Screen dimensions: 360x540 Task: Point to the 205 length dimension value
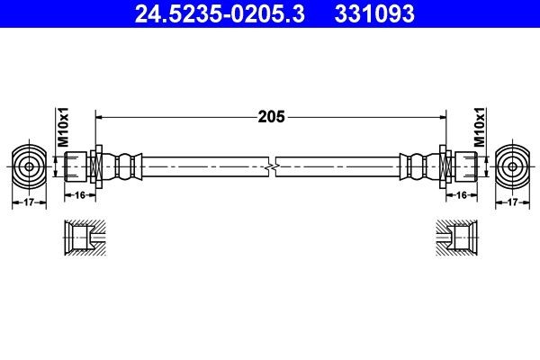(x=272, y=116)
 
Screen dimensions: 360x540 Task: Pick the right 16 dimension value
(x=460, y=193)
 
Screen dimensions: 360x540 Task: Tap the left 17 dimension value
(x=29, y=203)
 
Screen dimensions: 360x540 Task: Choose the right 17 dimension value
(x=511, y=203)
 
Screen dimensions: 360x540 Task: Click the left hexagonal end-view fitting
(x=29, y=166)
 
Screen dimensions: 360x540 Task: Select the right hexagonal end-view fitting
(x=511, y=166)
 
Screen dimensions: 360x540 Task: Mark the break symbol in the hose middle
(x=272, y=166)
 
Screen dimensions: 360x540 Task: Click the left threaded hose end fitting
(x=78, y=166)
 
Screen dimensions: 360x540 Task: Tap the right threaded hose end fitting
(x=462, y=166)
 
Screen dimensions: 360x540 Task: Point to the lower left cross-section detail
(x=83, y=238)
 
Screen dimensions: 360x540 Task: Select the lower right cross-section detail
(x=456, y=238)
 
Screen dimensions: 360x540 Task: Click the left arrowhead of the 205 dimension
(x=100, y=116)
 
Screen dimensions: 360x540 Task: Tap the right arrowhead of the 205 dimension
(x=444, y=116)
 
